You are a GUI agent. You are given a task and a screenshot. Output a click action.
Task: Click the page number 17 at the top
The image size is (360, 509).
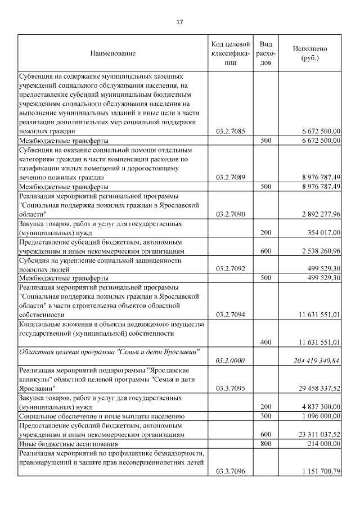click(180, 22)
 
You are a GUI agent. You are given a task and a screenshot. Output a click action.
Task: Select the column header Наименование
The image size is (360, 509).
click(113, 53)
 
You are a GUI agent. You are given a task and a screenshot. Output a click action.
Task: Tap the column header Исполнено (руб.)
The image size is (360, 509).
click(310, 53)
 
